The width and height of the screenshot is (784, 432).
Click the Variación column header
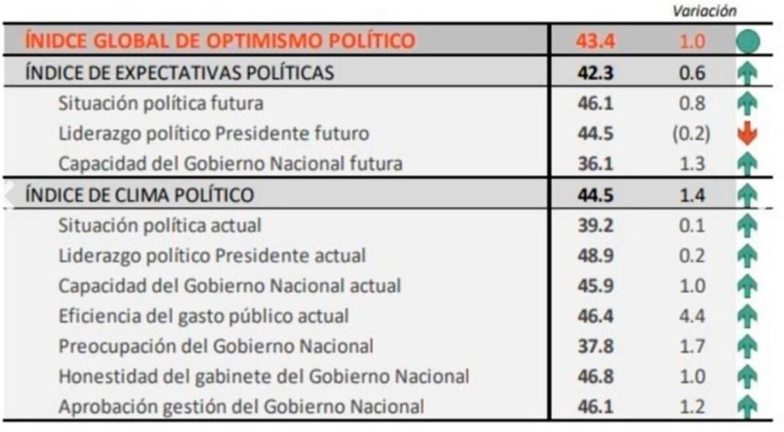[704, 10]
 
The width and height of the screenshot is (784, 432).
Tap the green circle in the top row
[747, 42]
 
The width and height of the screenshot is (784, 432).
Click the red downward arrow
[747, 134]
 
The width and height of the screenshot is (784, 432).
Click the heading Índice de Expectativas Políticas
[179, 73]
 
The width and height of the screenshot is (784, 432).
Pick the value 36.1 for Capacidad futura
[595, 163]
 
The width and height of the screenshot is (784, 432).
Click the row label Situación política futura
[161, 103]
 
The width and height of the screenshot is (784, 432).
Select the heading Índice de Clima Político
[139, 195]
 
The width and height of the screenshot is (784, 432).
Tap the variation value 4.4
[692, 316]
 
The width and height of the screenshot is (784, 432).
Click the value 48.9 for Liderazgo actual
[595, 256]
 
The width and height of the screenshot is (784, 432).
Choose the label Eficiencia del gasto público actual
[203, 316]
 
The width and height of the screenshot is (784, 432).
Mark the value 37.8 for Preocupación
[595, 346]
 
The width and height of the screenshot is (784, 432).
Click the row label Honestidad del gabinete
[263, 376]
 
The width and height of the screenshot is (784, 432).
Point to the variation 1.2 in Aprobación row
[692, 407]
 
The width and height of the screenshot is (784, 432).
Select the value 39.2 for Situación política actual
[595, 225]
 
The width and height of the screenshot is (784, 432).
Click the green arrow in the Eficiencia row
[747, 316]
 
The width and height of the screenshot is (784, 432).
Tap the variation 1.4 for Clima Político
[692, 195]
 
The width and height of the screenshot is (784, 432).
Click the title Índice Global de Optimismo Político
[220, 41]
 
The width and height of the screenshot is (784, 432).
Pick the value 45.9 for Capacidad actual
[595, 286]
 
